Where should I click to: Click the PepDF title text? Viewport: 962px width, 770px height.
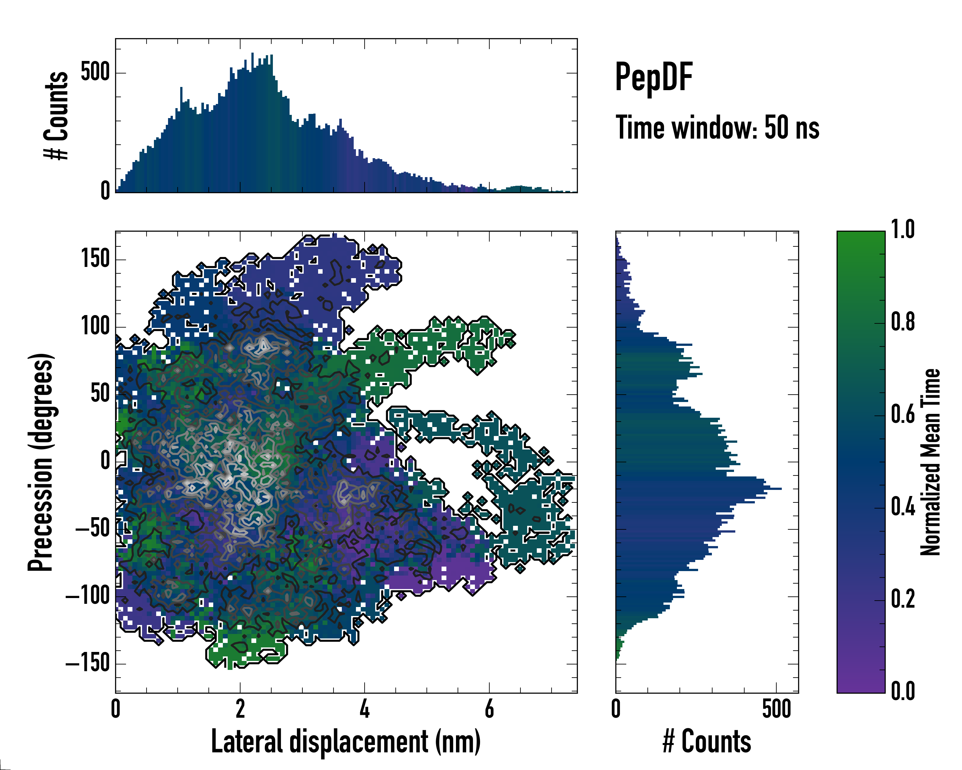tap(653, 77)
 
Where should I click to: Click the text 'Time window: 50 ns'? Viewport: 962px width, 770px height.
tap(717, 128)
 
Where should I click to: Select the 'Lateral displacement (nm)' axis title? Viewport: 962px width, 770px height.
tap(346, 741)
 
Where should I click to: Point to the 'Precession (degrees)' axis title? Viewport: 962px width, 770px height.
tap(41, 462)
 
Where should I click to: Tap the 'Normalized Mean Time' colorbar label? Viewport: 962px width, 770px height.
tap(930, 462)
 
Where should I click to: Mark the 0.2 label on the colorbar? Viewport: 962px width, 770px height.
tap(903, 599)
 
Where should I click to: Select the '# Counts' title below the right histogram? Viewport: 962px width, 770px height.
tap(707, 741)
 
